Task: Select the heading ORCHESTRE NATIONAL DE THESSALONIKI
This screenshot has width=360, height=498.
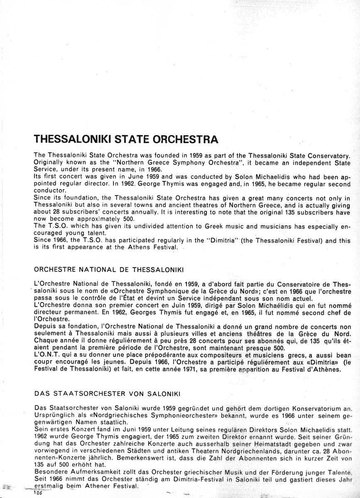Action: pyautogui.click(x=109, y=269)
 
